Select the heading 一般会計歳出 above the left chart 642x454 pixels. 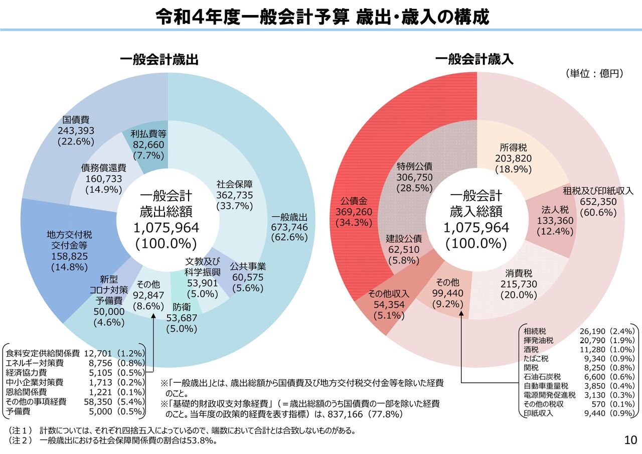click(x=159, y=60)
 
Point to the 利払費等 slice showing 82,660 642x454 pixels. click(x=149, y=145)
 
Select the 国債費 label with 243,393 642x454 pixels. click(x=76, y=130)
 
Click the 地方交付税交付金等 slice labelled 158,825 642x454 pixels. click(x=69, y=251)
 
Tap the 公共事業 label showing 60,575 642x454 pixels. click(x=248, y=277)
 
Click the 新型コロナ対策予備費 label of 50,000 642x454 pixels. click(x=109, y=301)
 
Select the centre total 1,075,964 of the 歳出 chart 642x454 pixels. click(x=166, y=228)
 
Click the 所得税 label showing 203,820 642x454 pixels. click(x=513, y=159)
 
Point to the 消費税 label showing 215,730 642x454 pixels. click(x=519, y=284)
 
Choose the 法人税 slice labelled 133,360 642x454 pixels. click(x=555, y=220)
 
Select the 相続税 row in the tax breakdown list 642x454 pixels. click(x=578, y=331)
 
